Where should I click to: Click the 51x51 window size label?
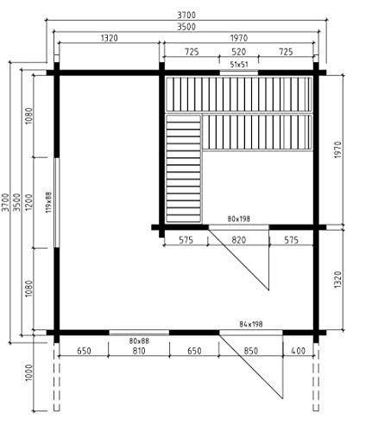(239, 65)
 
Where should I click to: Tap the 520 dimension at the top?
(239, 52)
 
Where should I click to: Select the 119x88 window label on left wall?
(48, 202)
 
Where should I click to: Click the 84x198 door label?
(251, 324)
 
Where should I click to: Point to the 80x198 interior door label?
(239, 219)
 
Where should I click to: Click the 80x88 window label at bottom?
(139, 341)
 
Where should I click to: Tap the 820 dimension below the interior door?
(238, 240)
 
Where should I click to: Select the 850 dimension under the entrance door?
(251, 351)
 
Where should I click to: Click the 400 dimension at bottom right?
(298, 351)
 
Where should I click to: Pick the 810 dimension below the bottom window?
(139, 351)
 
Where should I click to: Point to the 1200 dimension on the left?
(29, 202)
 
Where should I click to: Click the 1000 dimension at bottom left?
(29, 372)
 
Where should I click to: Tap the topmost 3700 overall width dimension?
(186, 15)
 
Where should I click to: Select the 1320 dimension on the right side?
(338, 279)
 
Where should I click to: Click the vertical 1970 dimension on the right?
(338, 149)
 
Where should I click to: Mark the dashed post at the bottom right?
(316, 377)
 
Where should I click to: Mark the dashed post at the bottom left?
(57, 377)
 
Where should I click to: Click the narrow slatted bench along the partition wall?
(183, 168)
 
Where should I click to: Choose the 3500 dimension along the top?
(186, 27)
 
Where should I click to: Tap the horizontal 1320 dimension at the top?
(110, 38)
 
